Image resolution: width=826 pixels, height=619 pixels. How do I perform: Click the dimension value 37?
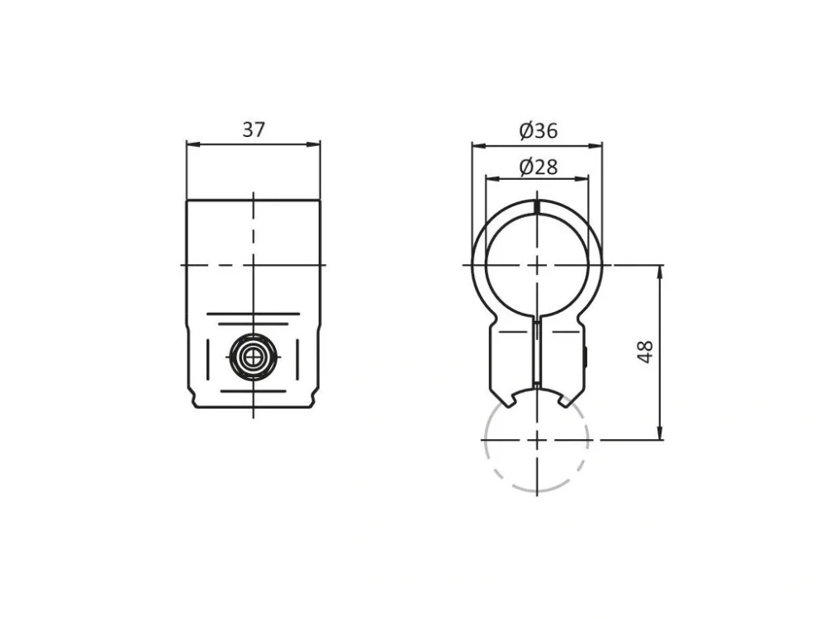254,130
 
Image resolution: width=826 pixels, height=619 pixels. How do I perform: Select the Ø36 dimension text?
538,130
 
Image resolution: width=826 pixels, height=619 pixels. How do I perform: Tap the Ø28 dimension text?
538,167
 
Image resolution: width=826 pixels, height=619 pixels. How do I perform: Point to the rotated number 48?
645,352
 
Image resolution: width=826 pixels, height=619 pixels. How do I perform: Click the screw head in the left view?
254,357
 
